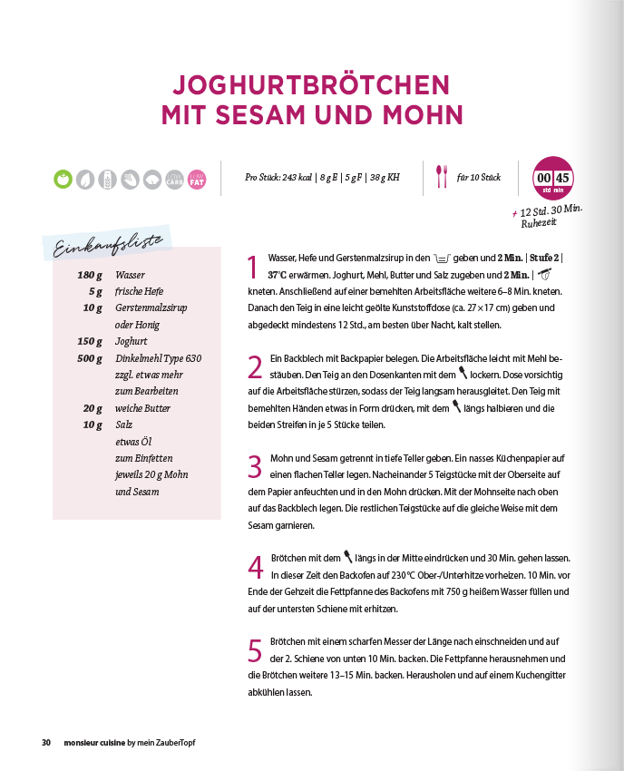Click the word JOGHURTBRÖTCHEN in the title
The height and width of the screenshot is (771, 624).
311,85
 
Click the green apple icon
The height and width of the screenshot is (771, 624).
63,178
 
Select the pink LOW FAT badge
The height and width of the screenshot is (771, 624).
196,178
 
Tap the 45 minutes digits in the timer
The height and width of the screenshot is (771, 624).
562,177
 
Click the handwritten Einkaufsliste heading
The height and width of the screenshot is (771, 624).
109,245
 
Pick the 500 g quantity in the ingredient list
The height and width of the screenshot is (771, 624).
89,358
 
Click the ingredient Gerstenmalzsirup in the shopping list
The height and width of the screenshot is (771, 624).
151,308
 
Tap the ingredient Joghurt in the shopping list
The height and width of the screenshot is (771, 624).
131,342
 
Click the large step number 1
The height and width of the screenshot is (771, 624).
254,267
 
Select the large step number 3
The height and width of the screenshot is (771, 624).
255,466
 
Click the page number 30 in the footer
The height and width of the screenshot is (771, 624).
45,743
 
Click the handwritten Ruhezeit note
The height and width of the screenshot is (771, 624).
539,221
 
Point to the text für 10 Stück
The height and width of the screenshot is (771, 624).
478,178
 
